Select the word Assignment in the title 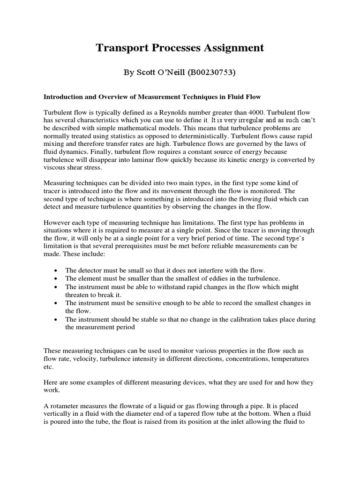233,48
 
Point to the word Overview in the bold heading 108,97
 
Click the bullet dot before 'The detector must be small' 56,271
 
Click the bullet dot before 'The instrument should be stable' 56,320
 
